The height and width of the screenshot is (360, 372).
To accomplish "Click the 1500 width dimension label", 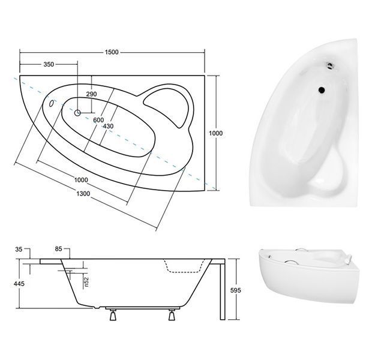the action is pos(112,52).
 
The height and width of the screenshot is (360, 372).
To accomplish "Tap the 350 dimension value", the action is pos(49,64).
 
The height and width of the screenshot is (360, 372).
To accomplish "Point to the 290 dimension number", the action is pos(91,94).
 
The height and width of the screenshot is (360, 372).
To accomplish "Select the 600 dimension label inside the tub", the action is pos(98,120).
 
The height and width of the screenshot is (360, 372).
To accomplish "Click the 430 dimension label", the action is pos(108,126).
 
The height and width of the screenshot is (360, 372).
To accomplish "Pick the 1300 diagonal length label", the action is pos(83,194).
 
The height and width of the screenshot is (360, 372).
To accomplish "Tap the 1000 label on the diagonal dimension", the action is pos(81,180).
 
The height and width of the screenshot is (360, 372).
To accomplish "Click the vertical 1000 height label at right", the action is pos(215,133).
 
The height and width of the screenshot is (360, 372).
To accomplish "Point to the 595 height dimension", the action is pos(235,290).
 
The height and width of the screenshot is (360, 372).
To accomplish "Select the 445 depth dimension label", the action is pos(19,284).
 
